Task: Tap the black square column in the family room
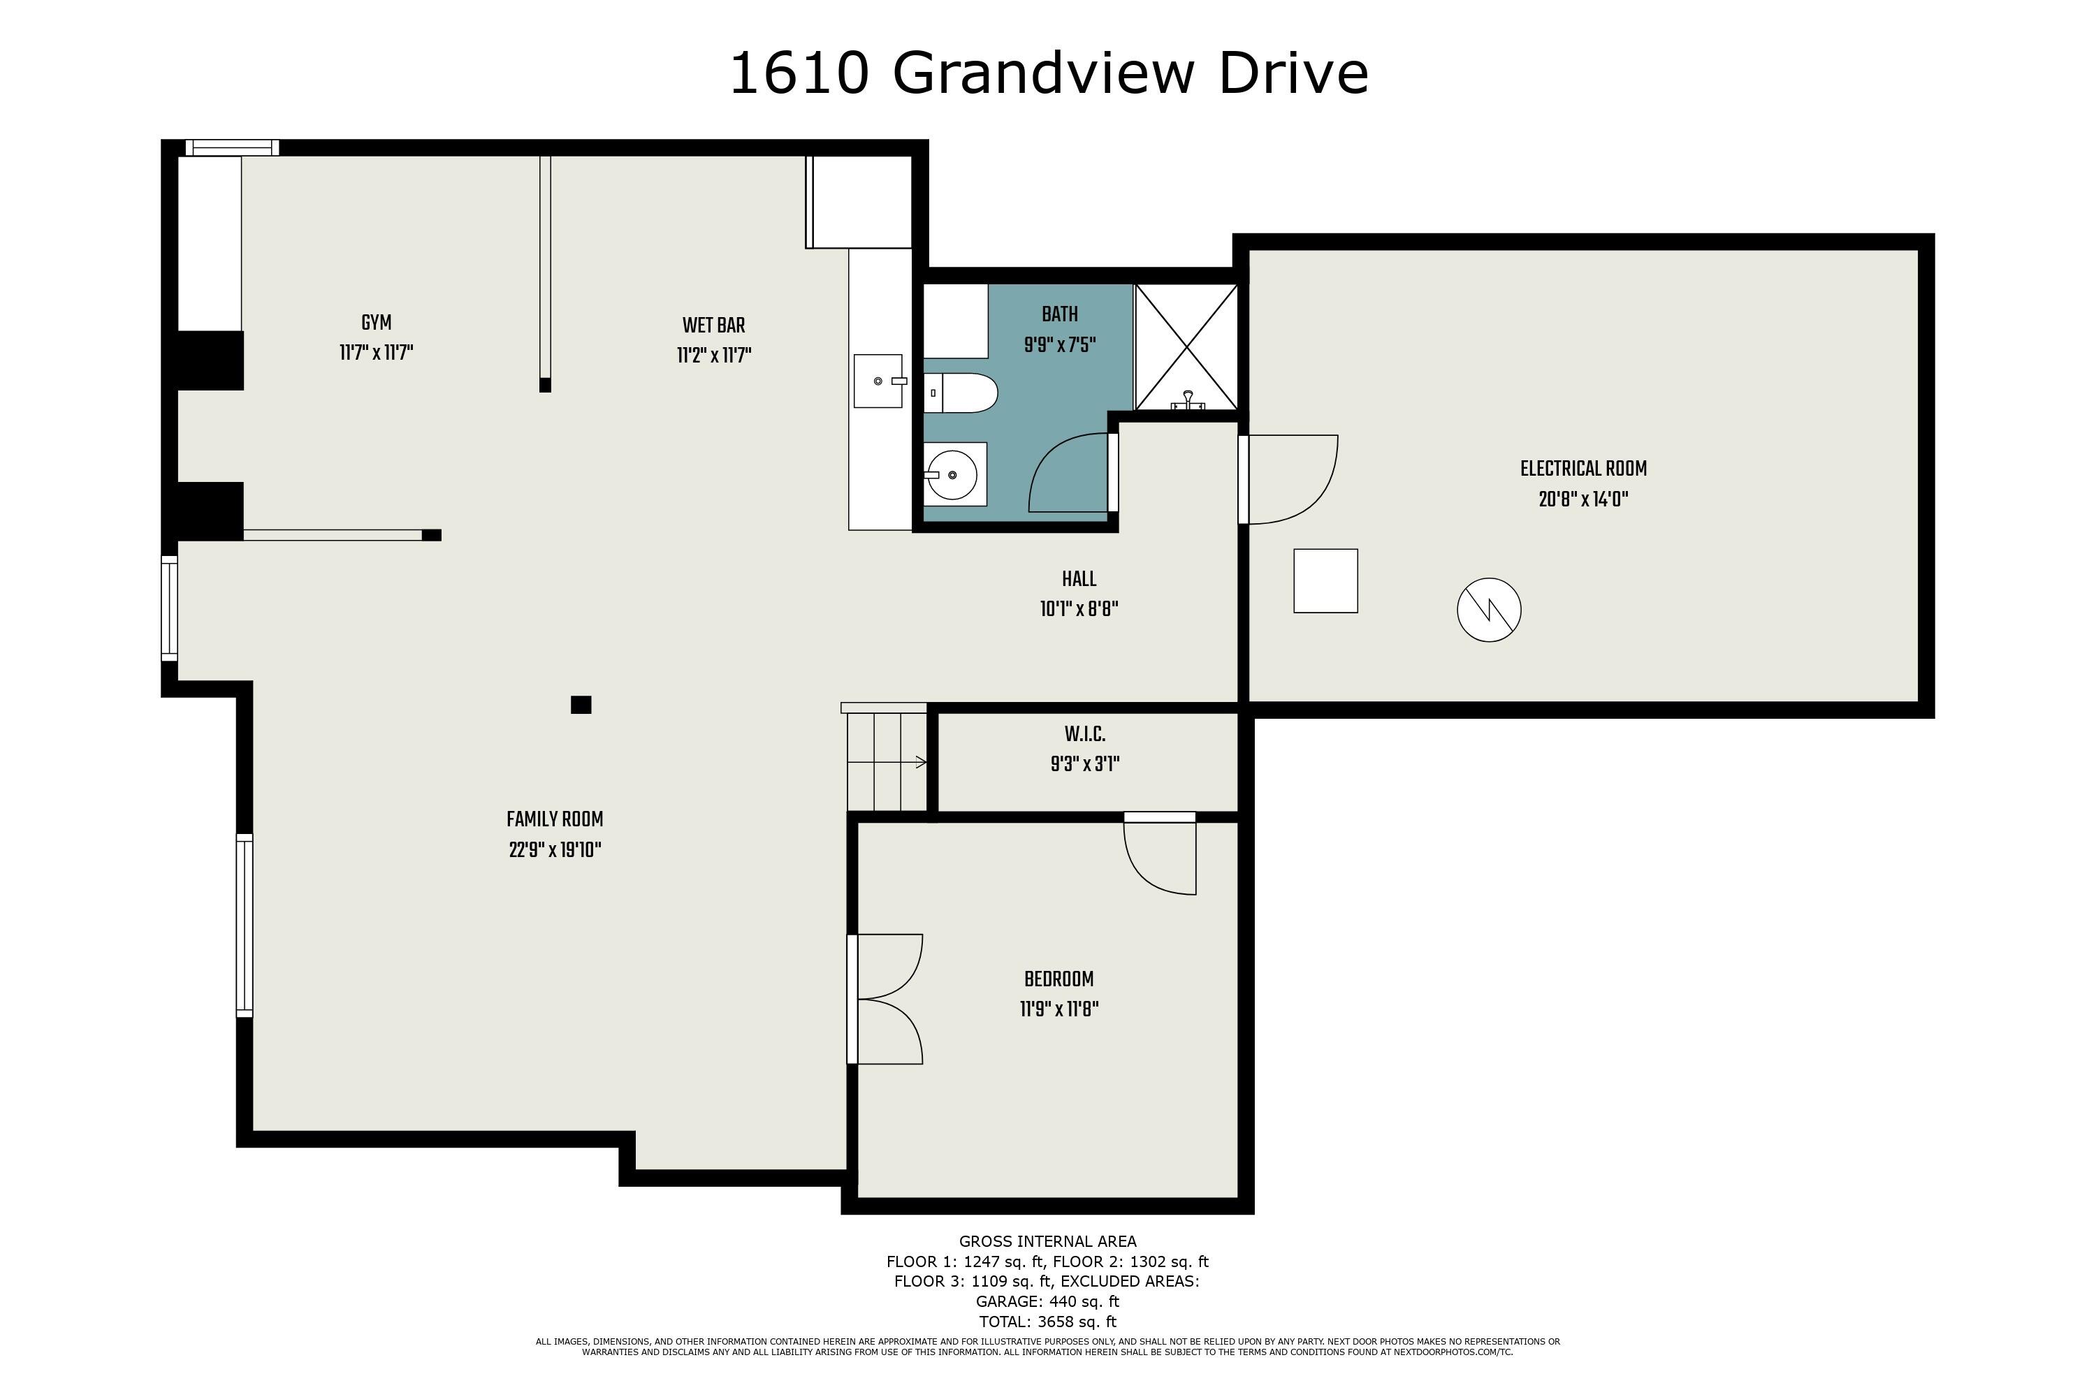tap(581, 705)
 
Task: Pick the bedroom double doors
tap(887, 999)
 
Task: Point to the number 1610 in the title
tap(799, 73)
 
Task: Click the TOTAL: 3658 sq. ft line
tap(1047, 1322)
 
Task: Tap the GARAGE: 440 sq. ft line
tap(1047, 1302)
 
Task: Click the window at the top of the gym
tap(232, 148)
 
